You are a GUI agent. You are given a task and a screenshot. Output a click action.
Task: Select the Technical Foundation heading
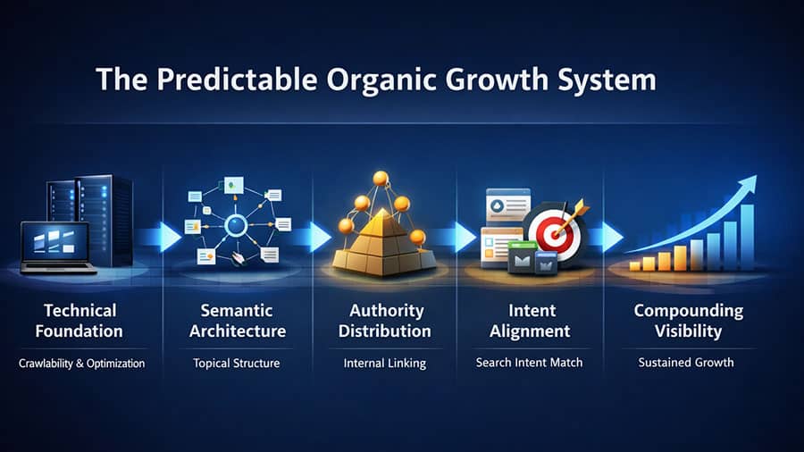81,321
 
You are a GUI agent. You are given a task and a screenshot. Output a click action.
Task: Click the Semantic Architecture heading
237,321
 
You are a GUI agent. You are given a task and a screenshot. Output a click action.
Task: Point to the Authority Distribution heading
387,321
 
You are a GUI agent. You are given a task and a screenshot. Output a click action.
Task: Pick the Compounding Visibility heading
688,321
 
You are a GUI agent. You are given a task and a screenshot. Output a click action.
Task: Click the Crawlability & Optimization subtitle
81,364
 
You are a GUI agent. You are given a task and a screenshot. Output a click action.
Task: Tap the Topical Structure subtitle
237,364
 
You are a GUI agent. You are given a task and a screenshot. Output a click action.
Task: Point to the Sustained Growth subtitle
686,364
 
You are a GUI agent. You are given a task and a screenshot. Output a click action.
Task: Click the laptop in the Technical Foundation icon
55,244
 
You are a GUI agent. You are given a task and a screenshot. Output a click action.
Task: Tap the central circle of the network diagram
237,222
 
